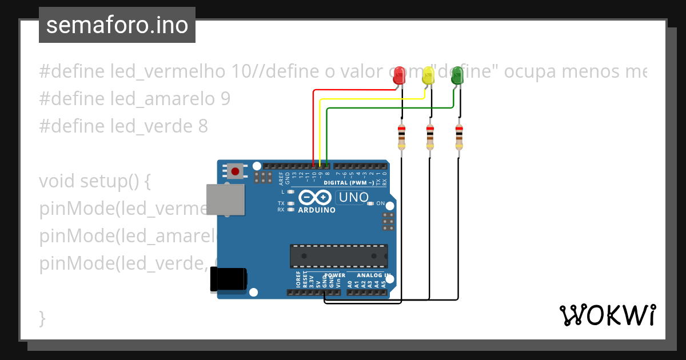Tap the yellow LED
[x=429, y=77]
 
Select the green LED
[x=457, y=77]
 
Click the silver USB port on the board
[x=225, y=199]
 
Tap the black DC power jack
[x=229, y=279]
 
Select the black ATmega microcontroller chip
[x=338, y=256]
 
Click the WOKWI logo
[x=607, y=315]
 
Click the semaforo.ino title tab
[x=117, y=26]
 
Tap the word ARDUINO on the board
[x=317, y=210]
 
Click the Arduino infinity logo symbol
[x=315, y=197]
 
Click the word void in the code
[x=57, y=182]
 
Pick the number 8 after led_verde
[x=203, y=126]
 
